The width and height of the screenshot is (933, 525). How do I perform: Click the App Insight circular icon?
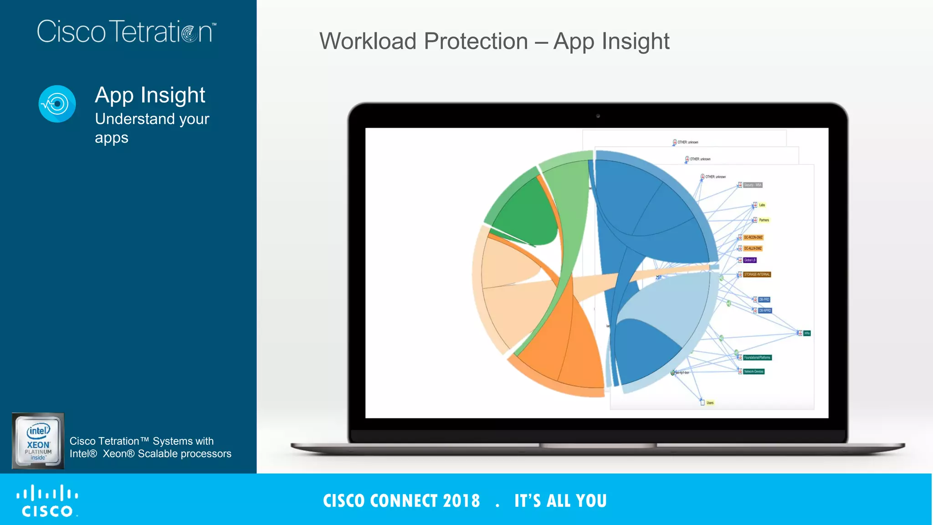coord(57,104)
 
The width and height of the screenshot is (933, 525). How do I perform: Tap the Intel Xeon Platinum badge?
coord(38,441)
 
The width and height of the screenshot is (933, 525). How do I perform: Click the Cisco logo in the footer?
coord(47,501)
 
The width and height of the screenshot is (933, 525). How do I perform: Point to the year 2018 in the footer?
coord(461,501)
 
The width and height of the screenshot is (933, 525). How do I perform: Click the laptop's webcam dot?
coord(598,116)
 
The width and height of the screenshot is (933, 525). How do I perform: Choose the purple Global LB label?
coord(750,260)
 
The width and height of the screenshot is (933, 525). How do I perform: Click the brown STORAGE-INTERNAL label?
coord(757,274)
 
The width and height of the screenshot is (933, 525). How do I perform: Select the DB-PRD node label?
coord(764,299)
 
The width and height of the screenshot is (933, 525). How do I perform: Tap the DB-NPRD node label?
coord(765,310)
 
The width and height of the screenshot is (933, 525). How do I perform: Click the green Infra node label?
coord(807,333)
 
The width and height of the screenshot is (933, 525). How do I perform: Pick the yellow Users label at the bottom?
coord(710,403)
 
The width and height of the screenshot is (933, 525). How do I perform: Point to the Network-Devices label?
coord(754,371)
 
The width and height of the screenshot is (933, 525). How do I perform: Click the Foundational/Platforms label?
coord(757,357)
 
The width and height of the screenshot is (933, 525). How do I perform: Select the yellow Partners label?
coord(764,220)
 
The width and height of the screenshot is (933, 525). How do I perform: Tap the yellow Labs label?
coord(762,205)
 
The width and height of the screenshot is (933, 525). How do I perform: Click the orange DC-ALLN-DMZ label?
coord(753,248)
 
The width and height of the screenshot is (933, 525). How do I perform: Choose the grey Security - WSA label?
coord(753,185)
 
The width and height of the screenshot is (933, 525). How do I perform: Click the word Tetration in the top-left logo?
coord(162,32)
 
